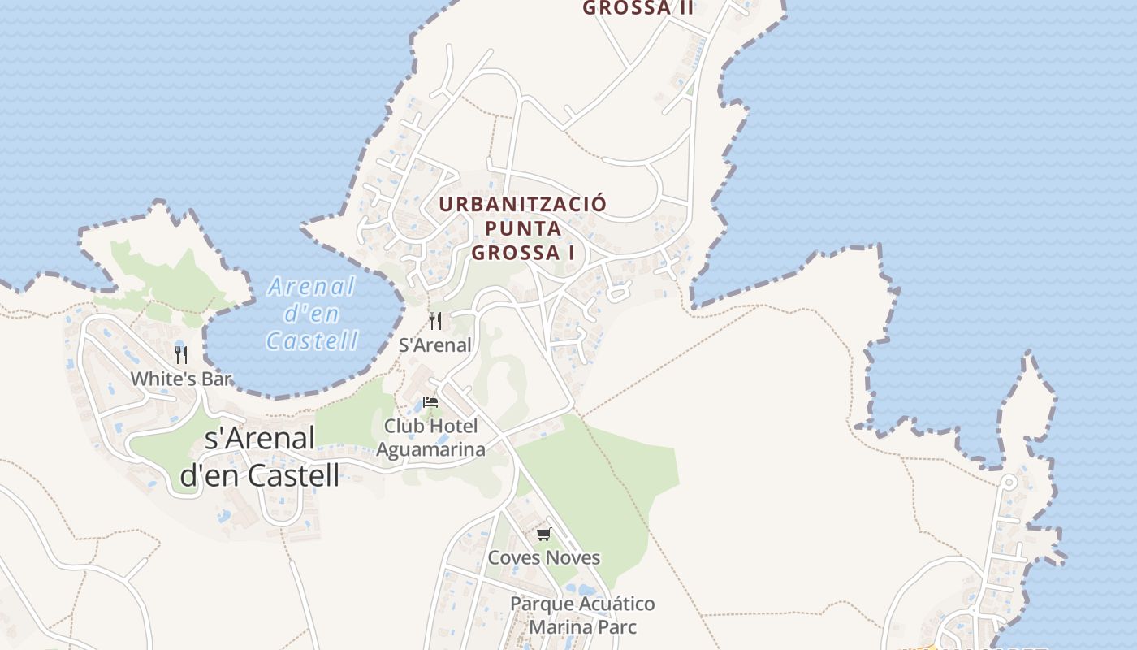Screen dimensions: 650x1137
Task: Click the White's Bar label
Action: [181, 379]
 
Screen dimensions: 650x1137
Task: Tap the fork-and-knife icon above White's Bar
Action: [181, 355]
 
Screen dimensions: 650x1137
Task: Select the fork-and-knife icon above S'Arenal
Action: [435, 321]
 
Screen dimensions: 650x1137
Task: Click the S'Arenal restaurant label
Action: [434, 344]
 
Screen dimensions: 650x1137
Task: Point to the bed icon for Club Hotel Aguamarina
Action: [430, 402]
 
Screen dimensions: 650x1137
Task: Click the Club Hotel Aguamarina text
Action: [430, 437]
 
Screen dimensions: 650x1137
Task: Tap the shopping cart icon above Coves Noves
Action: [543, 535]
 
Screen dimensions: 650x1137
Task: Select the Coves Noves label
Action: [543, 557]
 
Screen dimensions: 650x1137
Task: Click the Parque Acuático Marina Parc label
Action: [582, 615]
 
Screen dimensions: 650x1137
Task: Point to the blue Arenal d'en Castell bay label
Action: [313, 313]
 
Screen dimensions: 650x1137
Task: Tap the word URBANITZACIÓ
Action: [523, 204]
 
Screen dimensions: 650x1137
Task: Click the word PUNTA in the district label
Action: [523, 228]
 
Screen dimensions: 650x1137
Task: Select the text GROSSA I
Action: [523, 253]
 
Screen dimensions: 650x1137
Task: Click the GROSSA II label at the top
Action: [638, 8]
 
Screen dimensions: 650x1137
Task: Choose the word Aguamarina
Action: [430, 449]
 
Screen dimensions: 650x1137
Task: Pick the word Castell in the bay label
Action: [312, 340]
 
